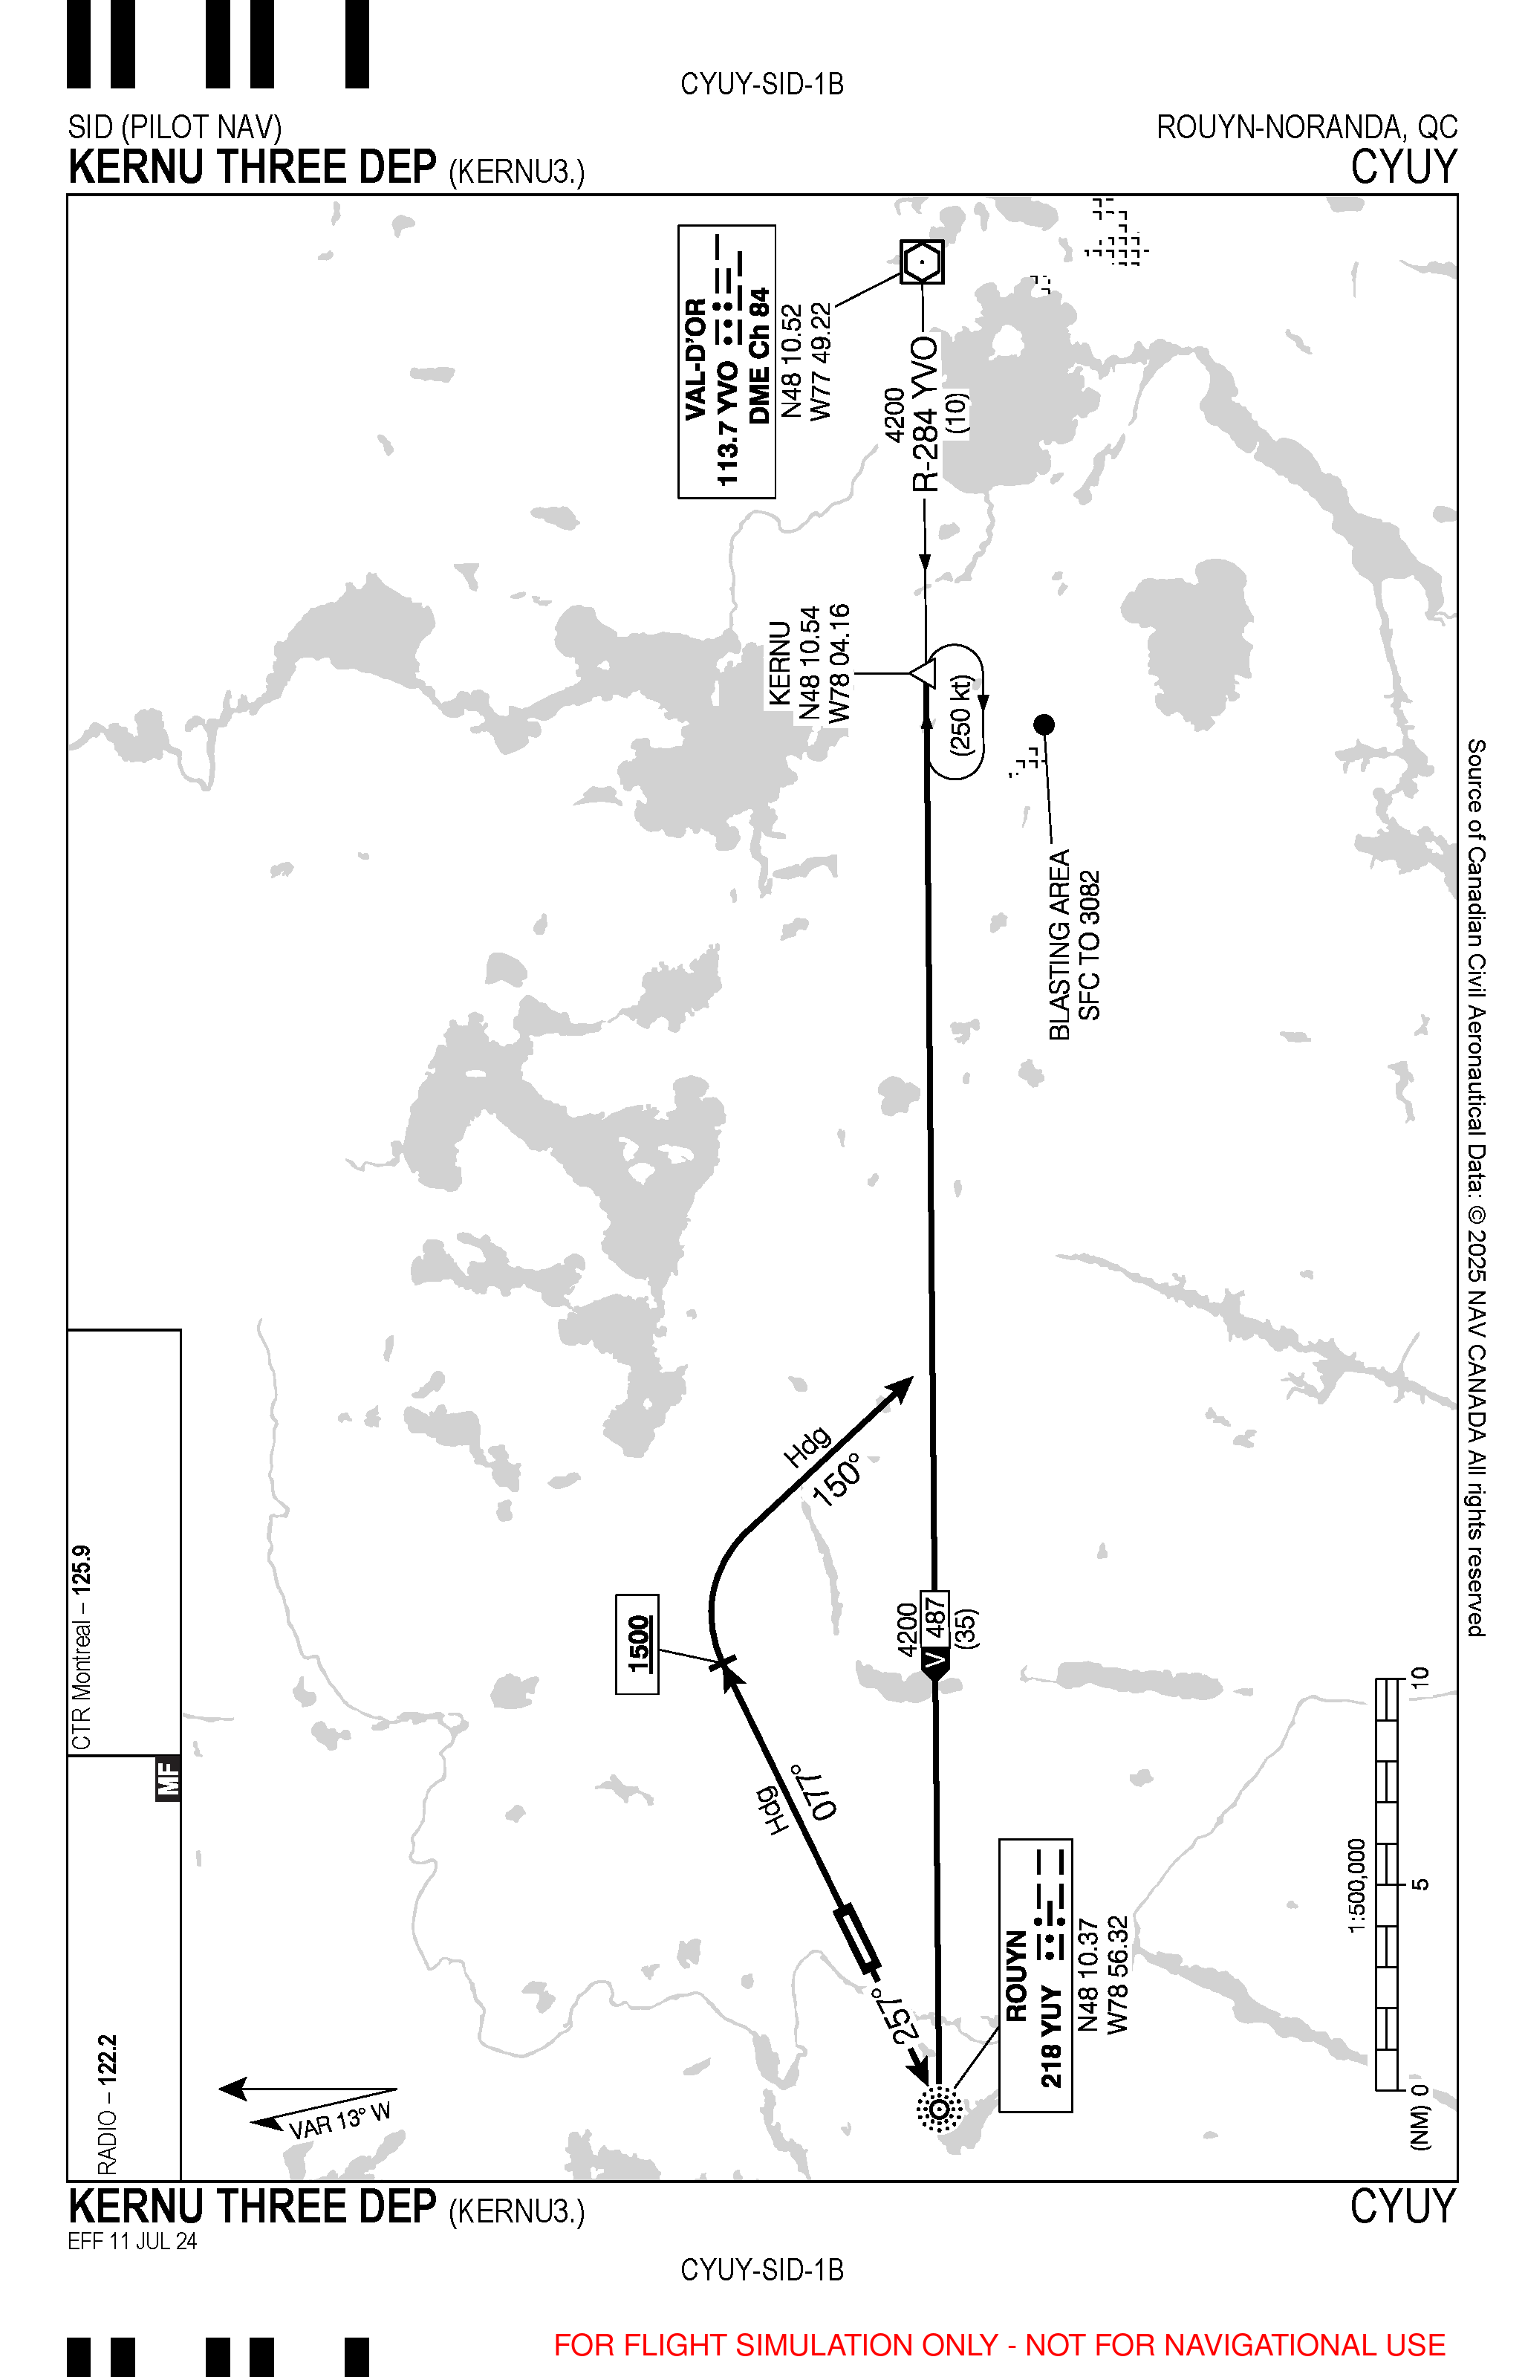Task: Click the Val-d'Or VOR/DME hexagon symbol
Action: click(x=922, y=262)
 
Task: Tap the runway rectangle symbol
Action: click(x=856, y=1936)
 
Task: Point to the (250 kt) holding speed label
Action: click(x=961, y=715)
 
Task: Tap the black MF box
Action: click(x=169, y=1778)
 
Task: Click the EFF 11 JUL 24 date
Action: click(x=131, y=2240)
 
